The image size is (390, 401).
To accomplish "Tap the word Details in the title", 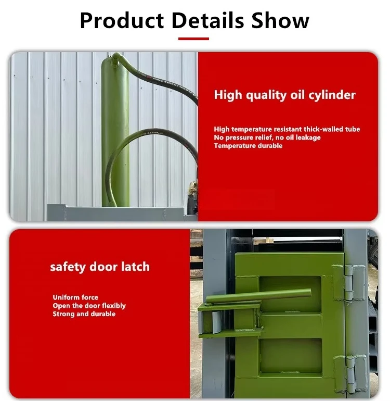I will point(208,20).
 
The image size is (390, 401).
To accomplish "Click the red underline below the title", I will point(193,39).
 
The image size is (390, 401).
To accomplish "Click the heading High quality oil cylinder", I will point(284,95).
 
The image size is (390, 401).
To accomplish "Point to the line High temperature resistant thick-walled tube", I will point(287,129).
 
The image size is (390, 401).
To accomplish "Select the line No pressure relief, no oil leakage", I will point(267,137).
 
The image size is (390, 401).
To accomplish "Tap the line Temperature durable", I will point(248,146).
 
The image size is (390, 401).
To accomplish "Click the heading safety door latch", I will point(100,267).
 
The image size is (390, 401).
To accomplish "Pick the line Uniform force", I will point(75,298).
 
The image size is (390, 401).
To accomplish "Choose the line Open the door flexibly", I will point(89,306).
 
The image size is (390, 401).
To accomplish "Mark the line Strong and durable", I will point(84,314).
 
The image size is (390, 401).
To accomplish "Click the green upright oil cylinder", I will point(114,130).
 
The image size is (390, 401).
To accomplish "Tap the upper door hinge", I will point(349,282).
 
